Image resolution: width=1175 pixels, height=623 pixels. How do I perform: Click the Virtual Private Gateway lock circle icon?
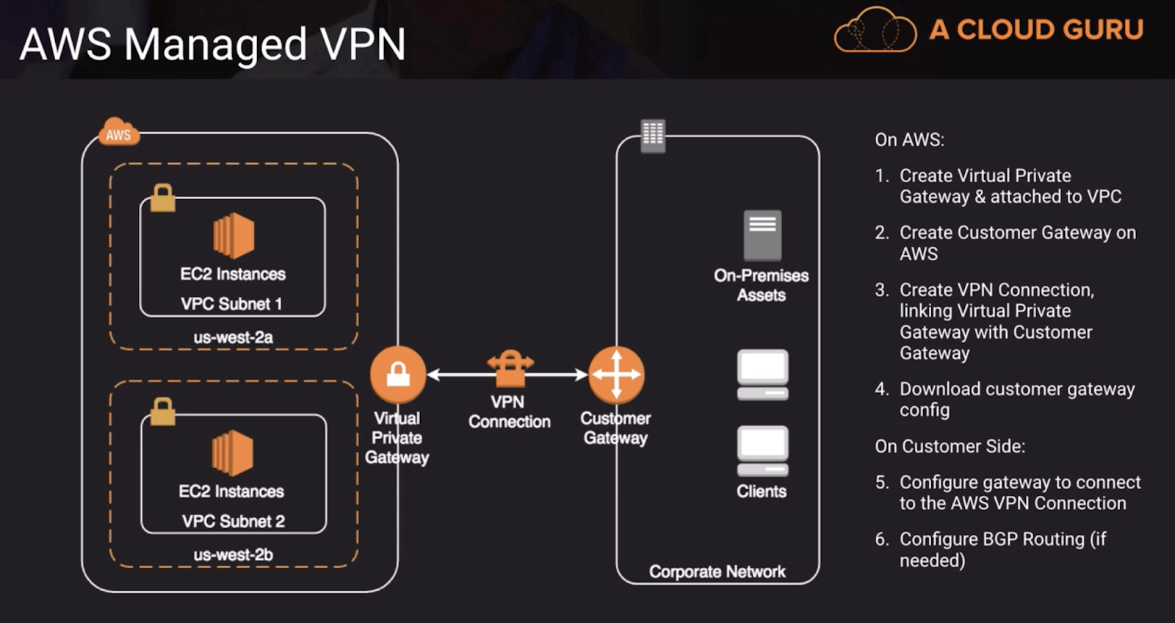click(x=398, y=375)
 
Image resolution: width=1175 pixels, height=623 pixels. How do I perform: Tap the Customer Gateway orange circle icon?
click(x=616, y=375)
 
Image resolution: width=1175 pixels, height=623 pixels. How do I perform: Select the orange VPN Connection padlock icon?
click(x=510, y=367)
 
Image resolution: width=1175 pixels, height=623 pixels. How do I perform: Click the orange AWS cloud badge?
click(x=118, y=133)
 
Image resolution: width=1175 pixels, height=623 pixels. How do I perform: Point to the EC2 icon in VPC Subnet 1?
click(x=234, y=236)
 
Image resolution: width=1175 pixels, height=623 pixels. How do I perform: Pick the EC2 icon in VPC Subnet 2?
click(x=233, y=453)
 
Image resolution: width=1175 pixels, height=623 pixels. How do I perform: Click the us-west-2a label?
click(x=233, y=338)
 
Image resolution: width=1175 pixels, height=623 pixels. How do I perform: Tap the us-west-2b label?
click(x=233, y=555)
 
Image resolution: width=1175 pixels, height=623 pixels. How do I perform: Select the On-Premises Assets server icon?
click(x=762, y=236)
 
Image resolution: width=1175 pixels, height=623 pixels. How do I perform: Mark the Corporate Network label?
click(x=717, y=572)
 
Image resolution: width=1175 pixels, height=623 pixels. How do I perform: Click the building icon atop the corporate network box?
click(x=653, y=136)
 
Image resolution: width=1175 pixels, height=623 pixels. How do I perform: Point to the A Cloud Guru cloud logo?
click(x=875, y=31)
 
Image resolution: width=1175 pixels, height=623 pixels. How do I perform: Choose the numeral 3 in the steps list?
click(x=881, y=290)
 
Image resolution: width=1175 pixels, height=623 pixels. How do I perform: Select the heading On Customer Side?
click(x=950, y=447)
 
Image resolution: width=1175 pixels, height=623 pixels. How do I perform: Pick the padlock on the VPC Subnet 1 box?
click(x=162, y=198)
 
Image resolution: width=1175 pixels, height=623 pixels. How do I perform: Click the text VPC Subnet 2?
click(x=233, y=522)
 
